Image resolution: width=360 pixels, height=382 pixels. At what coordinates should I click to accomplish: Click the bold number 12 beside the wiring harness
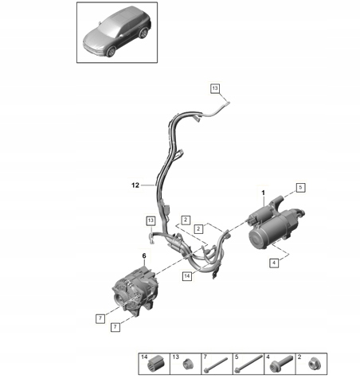click(x=135, y=185)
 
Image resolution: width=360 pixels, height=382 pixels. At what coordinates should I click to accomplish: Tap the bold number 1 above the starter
click(x=264, y=193)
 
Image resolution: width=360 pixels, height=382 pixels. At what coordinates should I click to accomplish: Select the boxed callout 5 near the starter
click(x=300, y=188)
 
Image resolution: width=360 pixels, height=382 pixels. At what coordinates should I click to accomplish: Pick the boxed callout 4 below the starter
click(x=274, y=263)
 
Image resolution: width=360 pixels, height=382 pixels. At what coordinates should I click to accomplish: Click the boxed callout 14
click(x=187, y=276)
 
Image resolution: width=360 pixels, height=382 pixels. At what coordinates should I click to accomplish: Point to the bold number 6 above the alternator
click(x=144, y=256)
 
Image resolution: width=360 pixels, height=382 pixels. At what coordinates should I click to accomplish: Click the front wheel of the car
click(x=111, y=51)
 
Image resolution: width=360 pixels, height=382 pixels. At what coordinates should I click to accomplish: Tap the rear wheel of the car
click(x=143, y=33)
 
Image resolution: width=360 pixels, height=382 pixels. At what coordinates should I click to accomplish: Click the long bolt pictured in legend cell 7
click(x=216, y=364)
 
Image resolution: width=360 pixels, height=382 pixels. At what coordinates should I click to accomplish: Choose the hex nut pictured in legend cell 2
click(x=315, y=364)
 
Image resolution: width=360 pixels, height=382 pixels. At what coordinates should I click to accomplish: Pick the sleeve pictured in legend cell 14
click(x=156, y=363)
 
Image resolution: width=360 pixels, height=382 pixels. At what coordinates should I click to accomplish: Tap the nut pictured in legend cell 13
click(x=188, y=364)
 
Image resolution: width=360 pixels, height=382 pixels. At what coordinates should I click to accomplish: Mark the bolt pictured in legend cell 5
click(x=248, y=364)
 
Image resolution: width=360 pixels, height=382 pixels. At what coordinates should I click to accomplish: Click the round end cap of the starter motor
click(x=257, y=240)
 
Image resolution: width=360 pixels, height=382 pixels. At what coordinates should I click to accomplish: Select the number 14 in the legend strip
click(x=144, y=357)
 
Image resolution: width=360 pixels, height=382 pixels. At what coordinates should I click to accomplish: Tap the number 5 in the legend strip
click(x=237, y=357)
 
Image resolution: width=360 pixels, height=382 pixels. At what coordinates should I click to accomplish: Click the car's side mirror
click(x=121, y=35)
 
